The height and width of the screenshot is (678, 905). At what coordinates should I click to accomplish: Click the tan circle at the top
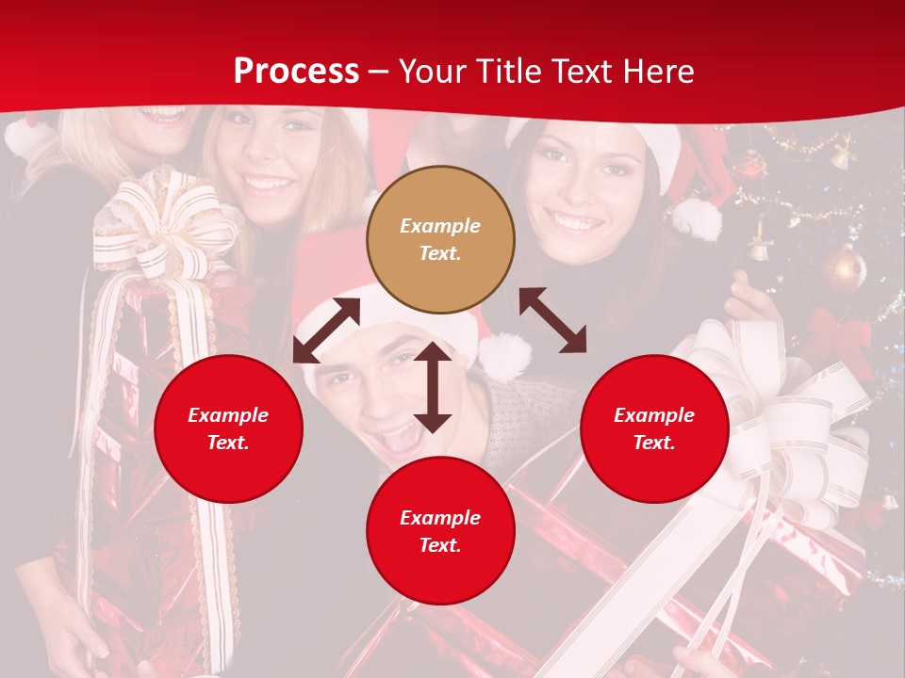tap(440, 239)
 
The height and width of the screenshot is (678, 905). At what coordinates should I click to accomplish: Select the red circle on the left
tap(228, 428)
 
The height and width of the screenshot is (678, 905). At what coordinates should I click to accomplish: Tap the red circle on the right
tap(654, 428)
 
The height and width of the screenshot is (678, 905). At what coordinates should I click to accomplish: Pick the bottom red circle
tap(440, 531)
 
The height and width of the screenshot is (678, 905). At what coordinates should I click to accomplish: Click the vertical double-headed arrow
tap(433, 387)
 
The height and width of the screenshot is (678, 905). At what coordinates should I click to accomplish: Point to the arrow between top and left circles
tap(326, 330)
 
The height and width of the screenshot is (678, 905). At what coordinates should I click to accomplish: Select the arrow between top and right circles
tap(552, 320)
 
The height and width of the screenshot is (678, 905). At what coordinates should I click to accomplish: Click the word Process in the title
tap(296, 71)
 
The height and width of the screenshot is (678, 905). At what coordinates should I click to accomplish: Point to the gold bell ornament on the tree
tap(759, 247)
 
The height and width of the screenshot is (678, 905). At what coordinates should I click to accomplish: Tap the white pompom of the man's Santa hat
tap(505, 356)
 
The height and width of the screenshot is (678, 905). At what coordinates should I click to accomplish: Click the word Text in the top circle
tap(440, 253)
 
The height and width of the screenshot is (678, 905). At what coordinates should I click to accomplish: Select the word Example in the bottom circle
tap(440, 517)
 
